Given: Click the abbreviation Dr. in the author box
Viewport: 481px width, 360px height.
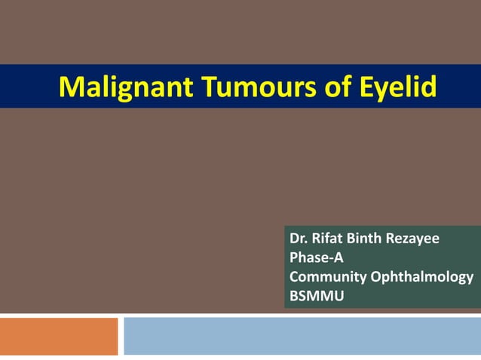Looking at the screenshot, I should point(298,239).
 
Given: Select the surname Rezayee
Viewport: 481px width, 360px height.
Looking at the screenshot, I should point(413,239).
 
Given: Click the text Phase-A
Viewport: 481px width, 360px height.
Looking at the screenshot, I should point(316,258).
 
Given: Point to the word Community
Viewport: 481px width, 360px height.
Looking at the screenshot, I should point(328,276).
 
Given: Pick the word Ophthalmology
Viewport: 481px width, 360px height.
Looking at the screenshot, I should point(422,276).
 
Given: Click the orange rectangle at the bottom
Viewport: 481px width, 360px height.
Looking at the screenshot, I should point(59,336).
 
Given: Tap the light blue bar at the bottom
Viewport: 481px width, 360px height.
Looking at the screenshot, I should point(302,336).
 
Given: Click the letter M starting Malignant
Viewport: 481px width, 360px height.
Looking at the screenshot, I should point(69,87).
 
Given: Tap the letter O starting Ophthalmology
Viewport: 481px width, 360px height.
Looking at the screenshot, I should point(376,276).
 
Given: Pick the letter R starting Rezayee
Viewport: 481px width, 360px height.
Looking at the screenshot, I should point(391,239).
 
